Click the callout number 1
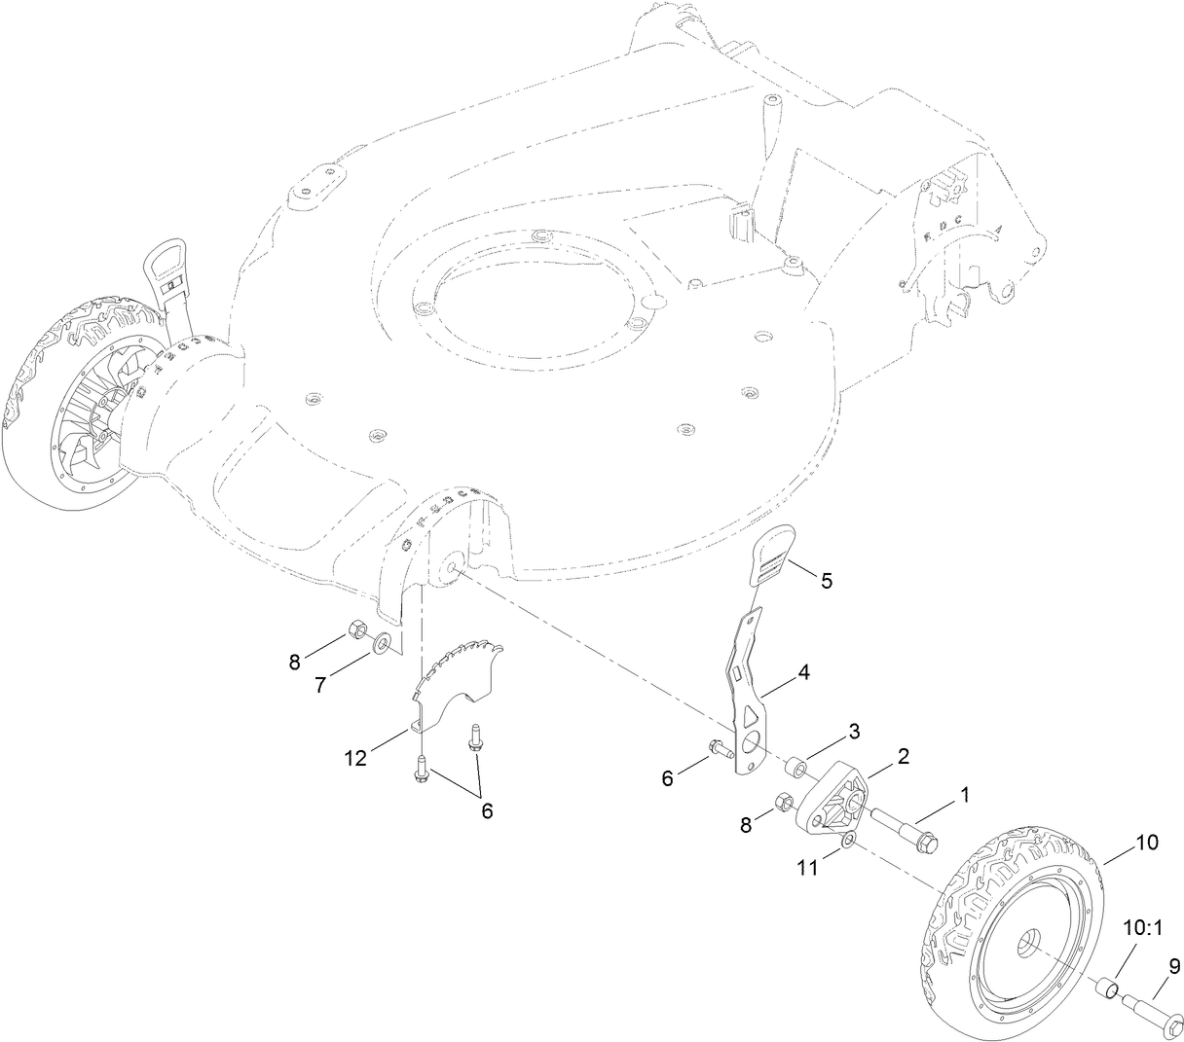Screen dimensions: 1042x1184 pyautogui.click(x=965, y=794)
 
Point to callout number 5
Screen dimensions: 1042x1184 pyautogui.click(x=826, y=581)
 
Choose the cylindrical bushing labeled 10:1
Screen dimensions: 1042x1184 pyautogui.click(x=1106, y=990)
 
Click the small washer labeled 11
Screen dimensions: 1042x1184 pyautogui.click(x=849, y=840)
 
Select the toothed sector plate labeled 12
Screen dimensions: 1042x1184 pyautogui.click(x=458, y=676)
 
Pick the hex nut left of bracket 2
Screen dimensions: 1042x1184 pyautogui.click(x=782, y=803)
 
